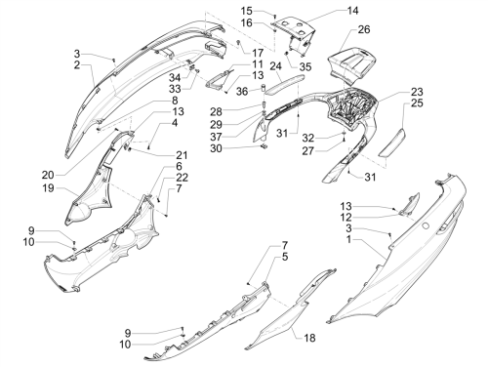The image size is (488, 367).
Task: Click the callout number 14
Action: coord(352,11)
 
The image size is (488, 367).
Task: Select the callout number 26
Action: coord(364,29)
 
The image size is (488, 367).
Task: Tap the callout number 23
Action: coord(417,92)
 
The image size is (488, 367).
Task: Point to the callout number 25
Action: coord(417,103)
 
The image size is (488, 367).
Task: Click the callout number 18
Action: coord(309,338)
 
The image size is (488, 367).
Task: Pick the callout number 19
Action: coord(48,187)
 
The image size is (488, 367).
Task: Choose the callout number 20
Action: coord(48,175)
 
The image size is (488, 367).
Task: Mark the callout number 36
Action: coord(242,92)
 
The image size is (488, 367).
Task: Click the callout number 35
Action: coord(305,66)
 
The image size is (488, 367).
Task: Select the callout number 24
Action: coord(275,66)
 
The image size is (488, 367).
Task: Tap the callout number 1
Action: coord(348,240)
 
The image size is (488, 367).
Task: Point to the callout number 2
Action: coord(77,64)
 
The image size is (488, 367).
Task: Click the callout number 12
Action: coord(346,217)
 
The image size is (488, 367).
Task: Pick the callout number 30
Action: coord(216,148)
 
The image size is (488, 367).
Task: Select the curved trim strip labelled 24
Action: coord(285,84)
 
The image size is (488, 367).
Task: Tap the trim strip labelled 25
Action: coord(391,143)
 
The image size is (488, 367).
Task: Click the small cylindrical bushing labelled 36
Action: coord(264,88)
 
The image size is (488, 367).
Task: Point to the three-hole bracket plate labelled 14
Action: coord(295,26)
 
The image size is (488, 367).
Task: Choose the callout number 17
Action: coord(258,53)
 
